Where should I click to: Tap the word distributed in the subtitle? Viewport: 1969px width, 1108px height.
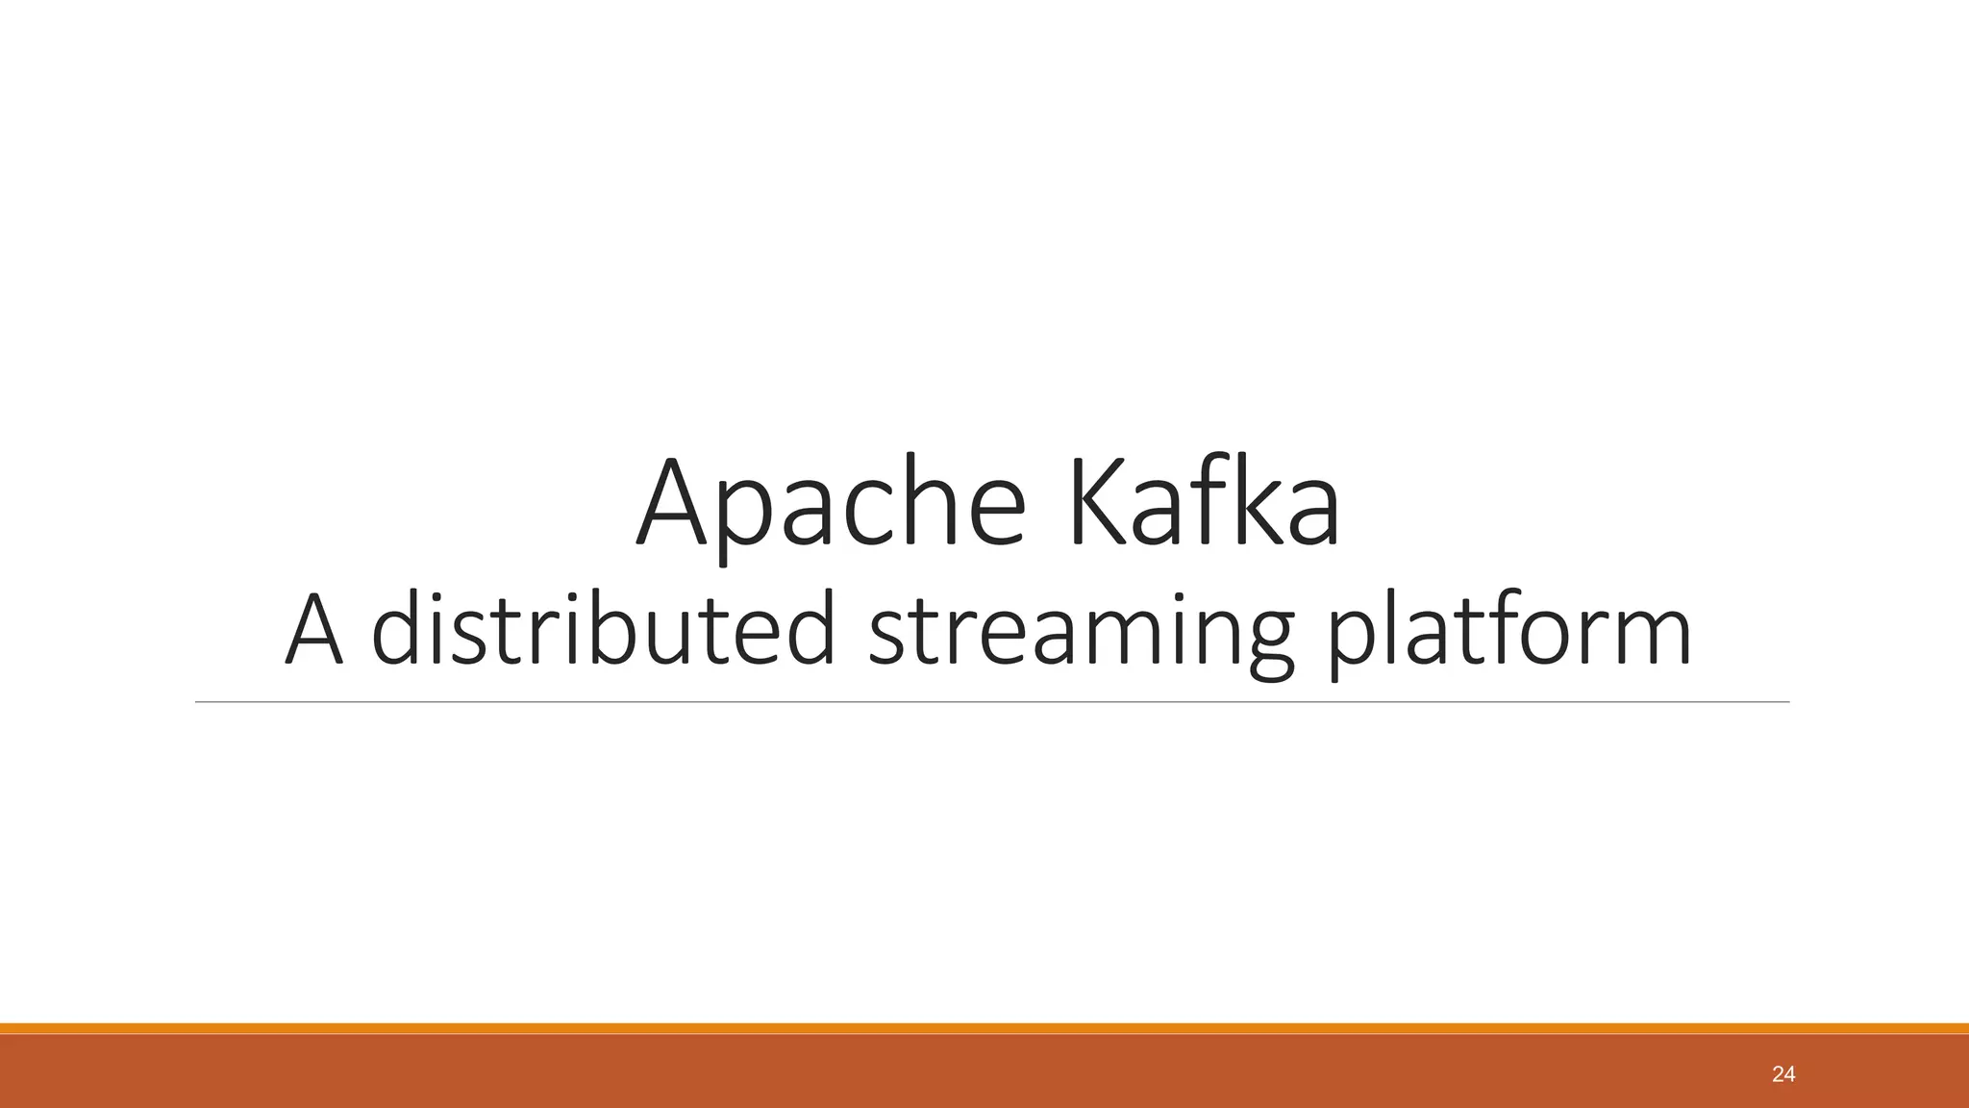coord(603,630)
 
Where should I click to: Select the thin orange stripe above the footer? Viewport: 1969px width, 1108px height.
coord(984,1028)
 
